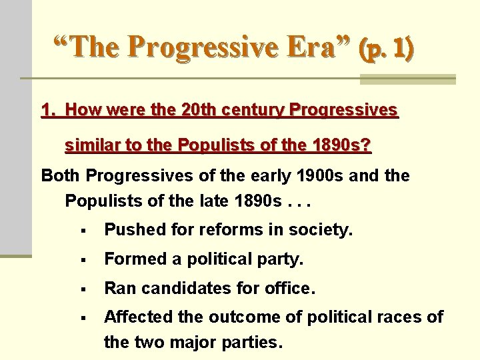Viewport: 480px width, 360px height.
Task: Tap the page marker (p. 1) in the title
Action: click(386, 49)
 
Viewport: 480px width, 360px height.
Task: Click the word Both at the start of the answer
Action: click(61, 176)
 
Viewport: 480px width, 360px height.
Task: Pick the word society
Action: click(323, 231)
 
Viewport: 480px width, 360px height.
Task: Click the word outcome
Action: click(232, 317)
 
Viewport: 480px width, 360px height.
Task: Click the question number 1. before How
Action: click(48, 110)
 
